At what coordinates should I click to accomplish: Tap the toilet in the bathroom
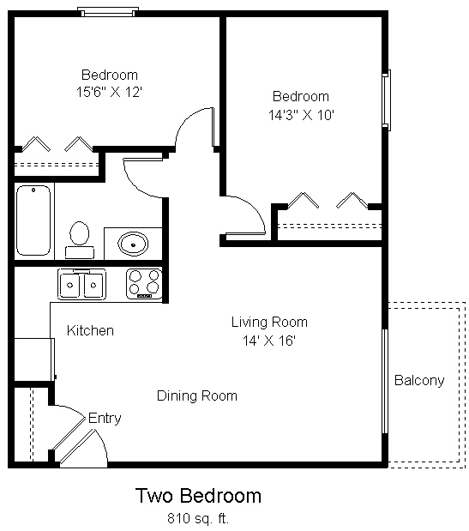[80, 238]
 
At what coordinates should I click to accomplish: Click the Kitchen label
[90, 330]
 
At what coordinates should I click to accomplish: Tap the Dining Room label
[196, 395]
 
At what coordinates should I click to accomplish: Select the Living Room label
[269, 323]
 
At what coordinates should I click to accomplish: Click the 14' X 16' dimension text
[269, 340]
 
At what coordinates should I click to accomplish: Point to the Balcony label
[419, 380]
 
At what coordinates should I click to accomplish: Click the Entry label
[105, 419]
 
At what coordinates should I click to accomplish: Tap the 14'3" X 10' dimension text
[300, 113]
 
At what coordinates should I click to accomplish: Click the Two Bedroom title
[198, 496]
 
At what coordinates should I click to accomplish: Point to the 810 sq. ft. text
[198, 518]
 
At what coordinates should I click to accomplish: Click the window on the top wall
[107, 12]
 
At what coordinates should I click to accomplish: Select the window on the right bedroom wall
[387, 100]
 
